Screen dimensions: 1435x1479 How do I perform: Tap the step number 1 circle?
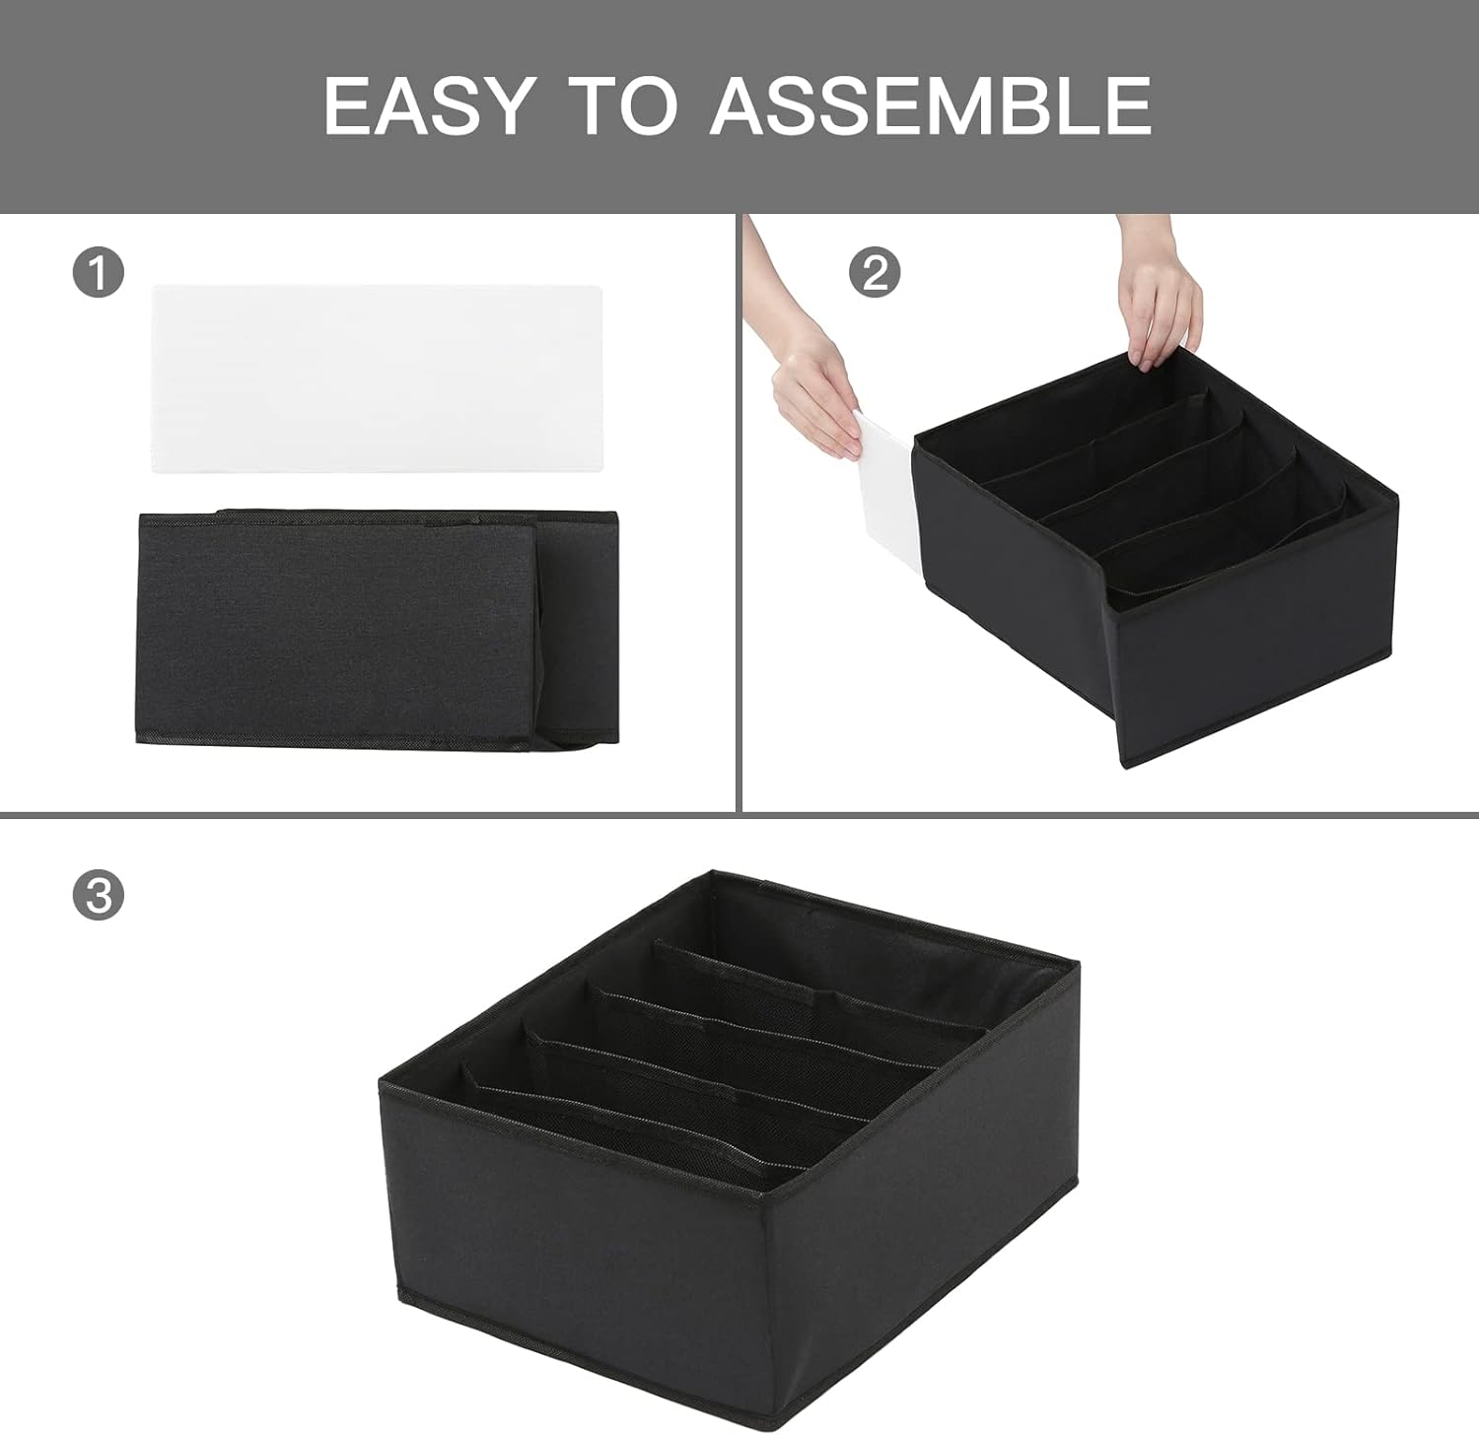coord(99,272)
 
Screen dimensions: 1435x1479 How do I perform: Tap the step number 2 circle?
coord(875,272)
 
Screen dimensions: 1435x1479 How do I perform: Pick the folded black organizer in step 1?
coord(335,627)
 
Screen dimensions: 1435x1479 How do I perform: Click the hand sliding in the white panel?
coord(816,394)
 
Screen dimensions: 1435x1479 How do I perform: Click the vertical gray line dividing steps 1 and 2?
coord(739,512)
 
